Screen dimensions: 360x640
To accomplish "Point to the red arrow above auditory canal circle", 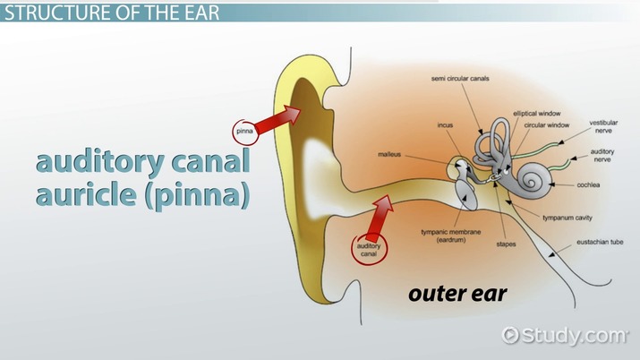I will pos(381,214).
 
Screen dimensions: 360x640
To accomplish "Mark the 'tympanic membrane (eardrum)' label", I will pos(456,236).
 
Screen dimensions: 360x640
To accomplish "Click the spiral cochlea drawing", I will pos(535,181).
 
